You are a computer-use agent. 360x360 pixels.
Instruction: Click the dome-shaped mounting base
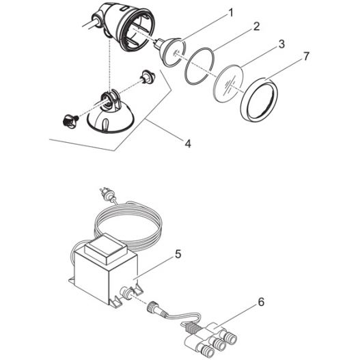(x=111, y=124)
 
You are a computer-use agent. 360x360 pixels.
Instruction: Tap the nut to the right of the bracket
(x=146, y=74)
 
